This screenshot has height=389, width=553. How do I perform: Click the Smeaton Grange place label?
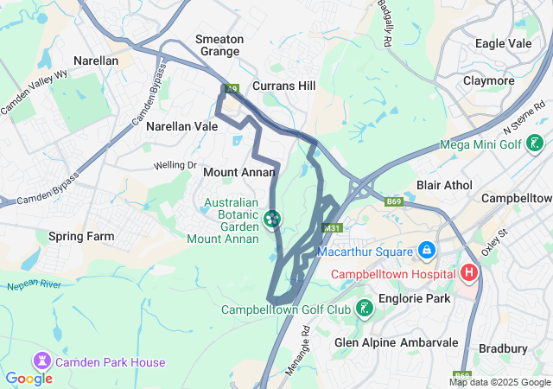pyautogui.click(x=219, y=46)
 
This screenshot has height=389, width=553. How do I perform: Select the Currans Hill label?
pyautogui.click(x=284, y=86)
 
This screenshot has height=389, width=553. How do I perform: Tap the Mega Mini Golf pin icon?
pyautogui.click(x=537, y=144)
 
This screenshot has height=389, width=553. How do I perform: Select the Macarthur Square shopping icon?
pyautogui.click(x=425, y=252)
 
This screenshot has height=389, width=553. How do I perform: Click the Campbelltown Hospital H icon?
pyautogui.click(x=469, y=273)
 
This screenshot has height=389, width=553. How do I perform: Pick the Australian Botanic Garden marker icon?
pyautogui.click(x=272, y=219)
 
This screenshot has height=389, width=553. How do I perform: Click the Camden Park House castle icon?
pyautogui.click(x=41, y=359)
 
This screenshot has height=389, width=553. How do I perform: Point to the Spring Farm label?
pyautogui.click(x=81, y=236)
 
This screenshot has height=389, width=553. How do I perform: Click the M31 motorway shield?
pyautogui.click(x=330, y=228)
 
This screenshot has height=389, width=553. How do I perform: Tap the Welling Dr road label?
pyautogui.click(x=175, y=165)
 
